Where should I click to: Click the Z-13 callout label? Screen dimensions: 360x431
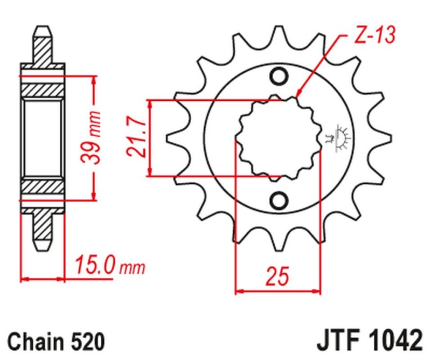(374, 35)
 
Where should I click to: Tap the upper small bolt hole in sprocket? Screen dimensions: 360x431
(279, 77)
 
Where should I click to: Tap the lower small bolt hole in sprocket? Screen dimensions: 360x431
(279, 200)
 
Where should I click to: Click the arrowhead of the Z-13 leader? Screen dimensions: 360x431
(298, 95)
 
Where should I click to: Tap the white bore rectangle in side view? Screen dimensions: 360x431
(44, 138)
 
